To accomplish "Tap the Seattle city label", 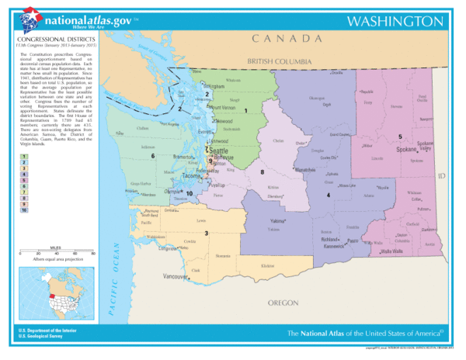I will coord(220,151).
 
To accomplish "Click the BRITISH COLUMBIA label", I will coord(279,61).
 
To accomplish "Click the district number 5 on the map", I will coord(400,137).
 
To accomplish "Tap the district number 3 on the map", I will coord(206,234).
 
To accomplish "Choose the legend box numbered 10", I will coord(25,210).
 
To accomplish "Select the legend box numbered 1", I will coord(25,156).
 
